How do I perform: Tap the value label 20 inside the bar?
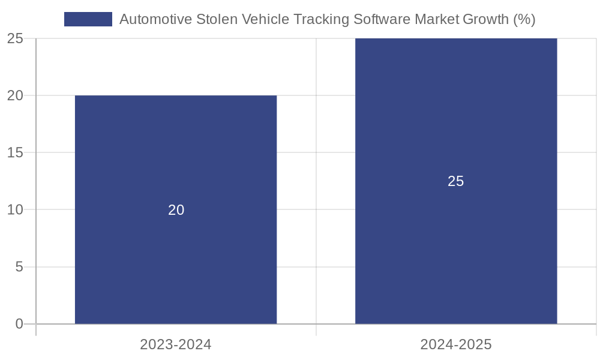[176, 210]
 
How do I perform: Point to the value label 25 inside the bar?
[456, 181]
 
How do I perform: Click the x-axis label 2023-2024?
[176, 344]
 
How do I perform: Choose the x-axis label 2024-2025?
[456, 344]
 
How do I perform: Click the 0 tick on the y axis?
[19, 324]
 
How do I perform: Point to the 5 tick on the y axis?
[19, 267]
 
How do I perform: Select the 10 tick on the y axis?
[15, 210]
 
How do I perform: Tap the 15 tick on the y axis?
[15, 152]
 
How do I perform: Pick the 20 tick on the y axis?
[15, 95]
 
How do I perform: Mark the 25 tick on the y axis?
[15, 38]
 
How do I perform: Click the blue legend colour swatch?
[88, 19]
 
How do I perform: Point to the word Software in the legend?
[381, 19]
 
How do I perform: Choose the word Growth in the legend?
[486, 19]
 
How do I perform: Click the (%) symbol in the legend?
[524, 19]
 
